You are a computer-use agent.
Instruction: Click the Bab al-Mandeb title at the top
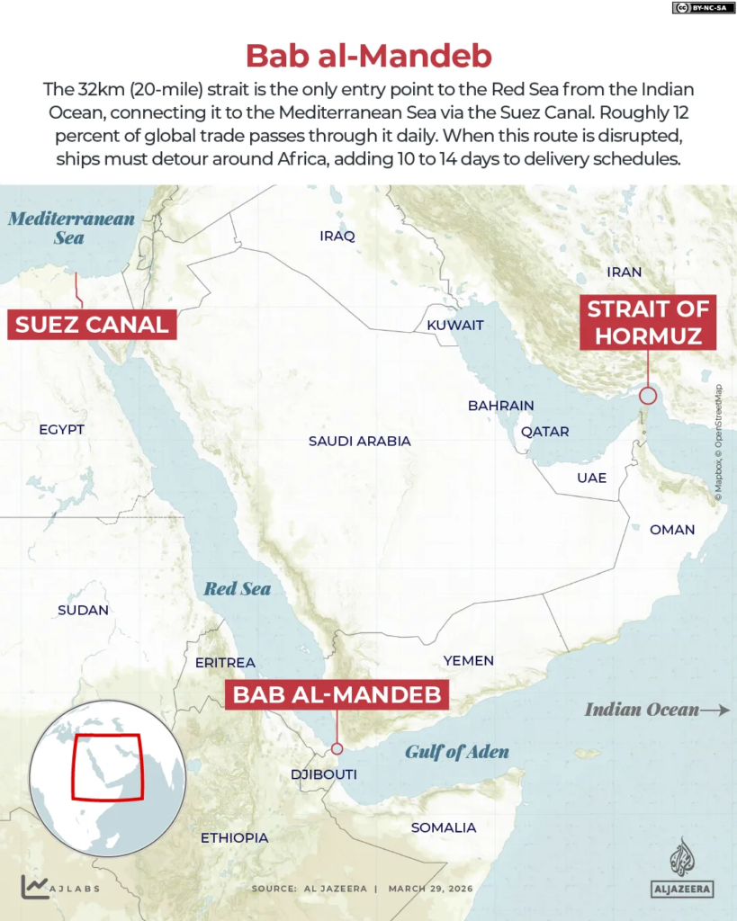[x=369, y=56]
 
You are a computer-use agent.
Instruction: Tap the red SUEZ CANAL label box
[x=92, y=324]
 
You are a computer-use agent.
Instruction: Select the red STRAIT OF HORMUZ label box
[x=648, y=323]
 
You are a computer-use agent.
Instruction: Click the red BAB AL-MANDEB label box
[x=337, y=694]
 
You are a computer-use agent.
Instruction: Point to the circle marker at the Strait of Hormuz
[x=648, y=395]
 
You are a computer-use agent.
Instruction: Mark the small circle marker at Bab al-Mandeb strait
[x=337, y=748]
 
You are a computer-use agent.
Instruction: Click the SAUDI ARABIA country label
[x=359, y=442]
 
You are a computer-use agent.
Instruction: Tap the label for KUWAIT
[x=455, y=325]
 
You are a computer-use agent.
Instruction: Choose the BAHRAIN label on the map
[x=500, y=406]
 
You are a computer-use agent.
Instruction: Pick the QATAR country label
[x=545, y=432]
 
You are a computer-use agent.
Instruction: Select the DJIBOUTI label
[x=324, y=774]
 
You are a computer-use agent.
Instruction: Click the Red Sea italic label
[x=237, y=589]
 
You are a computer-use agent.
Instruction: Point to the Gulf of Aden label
[x=456, y=752]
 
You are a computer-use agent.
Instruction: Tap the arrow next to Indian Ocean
[x=715, y=710]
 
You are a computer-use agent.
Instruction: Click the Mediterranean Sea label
[x=70, y=228]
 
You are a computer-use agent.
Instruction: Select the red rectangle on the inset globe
[x=107, y=767]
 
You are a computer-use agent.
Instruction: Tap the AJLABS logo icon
[x=34, y=888]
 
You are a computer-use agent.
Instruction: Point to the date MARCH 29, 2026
[x=430, y=889]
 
